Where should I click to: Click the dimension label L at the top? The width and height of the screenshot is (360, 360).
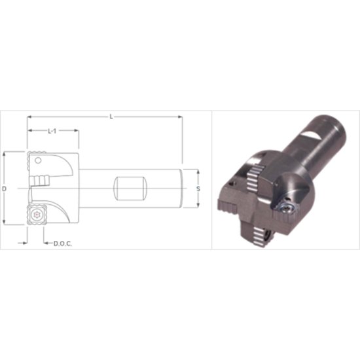pos(112,117)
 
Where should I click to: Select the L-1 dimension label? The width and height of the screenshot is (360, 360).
pos(52,131)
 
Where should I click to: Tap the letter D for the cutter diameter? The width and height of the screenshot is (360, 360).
pos(5,189)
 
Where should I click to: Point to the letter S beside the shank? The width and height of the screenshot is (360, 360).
pos(198,189)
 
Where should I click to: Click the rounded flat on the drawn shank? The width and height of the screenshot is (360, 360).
pos(130,189)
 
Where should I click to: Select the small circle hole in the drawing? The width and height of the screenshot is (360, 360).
pos(39,160)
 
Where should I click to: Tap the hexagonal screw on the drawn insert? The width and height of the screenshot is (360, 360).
pos(36,213)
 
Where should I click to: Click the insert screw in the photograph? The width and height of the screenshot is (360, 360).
pos(285,207)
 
